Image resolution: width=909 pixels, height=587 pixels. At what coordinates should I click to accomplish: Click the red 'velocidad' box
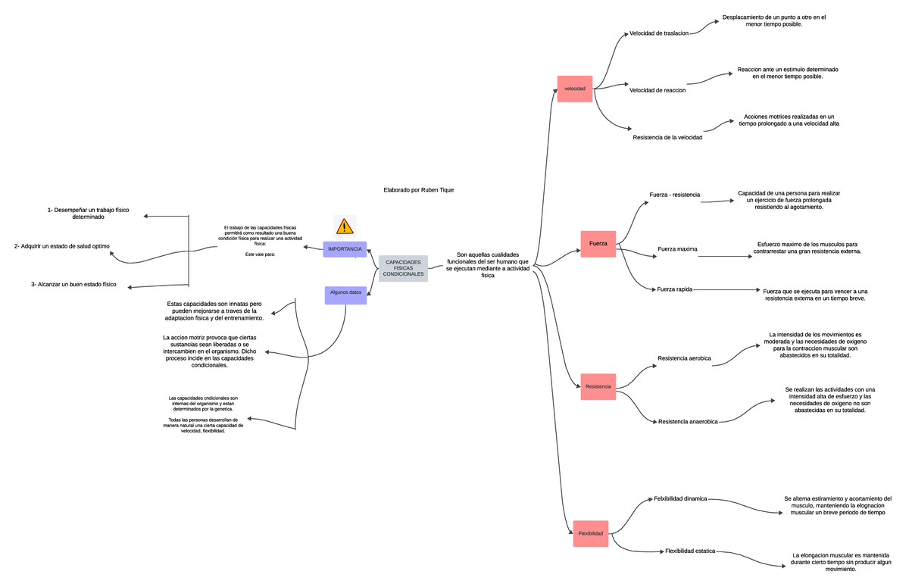[x=574, y=89]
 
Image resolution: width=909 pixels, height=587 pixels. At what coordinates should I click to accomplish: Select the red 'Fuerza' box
[x=598, y=243]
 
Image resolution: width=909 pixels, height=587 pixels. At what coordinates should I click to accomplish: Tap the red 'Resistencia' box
[x=598, y=386]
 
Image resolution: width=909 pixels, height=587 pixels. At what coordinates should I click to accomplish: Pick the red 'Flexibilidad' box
[x=591, y=533]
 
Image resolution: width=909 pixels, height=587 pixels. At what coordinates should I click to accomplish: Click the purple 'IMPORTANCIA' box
[x=345, y=249]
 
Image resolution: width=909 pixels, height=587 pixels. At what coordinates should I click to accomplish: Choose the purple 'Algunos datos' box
[x=345, y=295]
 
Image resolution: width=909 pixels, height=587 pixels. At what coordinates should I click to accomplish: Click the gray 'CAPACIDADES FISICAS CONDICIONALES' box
[x=403, y=268]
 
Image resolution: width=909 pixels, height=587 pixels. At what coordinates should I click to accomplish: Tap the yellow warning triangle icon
[x=345, y=226]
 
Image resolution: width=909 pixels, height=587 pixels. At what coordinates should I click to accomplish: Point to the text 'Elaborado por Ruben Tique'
[x=419, y=190]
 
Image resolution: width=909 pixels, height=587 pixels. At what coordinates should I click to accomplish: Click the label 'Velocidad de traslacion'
[x=659, y=34]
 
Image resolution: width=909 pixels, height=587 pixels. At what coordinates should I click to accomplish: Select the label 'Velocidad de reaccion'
[x=658, y=90]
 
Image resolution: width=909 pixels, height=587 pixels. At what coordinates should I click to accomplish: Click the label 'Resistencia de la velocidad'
[x=667, y=138]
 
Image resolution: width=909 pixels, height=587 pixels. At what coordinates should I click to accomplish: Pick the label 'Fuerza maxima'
[x=677, y=249]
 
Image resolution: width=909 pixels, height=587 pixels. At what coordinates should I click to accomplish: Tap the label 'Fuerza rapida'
[x=675, y=289]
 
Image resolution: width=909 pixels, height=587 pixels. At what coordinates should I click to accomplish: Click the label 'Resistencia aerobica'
[x=684, y=358]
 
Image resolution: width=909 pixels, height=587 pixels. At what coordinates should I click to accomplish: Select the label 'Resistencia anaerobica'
[x=688, y=421]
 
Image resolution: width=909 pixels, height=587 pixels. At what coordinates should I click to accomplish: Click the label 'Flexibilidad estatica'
[x=689, y=551]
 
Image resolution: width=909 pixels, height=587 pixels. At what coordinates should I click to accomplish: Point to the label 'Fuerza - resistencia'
[x=674, y=195]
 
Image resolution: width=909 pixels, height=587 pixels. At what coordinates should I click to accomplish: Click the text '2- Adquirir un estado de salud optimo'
[x=62, y=246]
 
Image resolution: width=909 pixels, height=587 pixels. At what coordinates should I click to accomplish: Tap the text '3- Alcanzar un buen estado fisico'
[x=74, y=284]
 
